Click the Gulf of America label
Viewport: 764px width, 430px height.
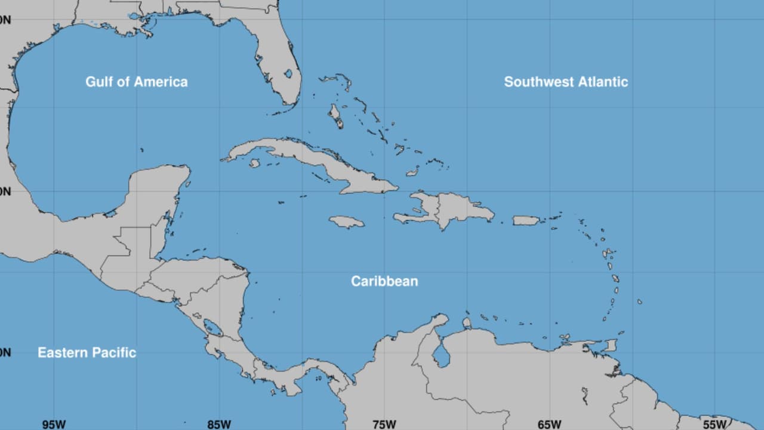point(136,82)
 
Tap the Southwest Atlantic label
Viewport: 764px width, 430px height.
point(566,82)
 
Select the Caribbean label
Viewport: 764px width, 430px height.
point(384,281)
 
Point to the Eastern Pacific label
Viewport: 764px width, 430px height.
point(87,352)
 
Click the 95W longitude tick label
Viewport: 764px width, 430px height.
point(54,425)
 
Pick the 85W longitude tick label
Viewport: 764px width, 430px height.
point(219,425)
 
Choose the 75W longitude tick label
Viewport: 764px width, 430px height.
point(384,425)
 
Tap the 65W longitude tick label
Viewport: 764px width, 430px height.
point(549,425)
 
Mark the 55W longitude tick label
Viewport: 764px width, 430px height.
point(714,425)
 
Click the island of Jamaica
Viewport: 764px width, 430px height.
point(346,222)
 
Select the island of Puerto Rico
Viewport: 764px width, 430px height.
point(526,220)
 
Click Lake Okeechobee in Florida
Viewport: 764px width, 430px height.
point(288,73)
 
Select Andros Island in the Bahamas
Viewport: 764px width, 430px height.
point(337,116)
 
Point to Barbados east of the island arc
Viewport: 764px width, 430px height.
point(639,302)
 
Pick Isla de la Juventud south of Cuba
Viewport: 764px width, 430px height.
point(255,163)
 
